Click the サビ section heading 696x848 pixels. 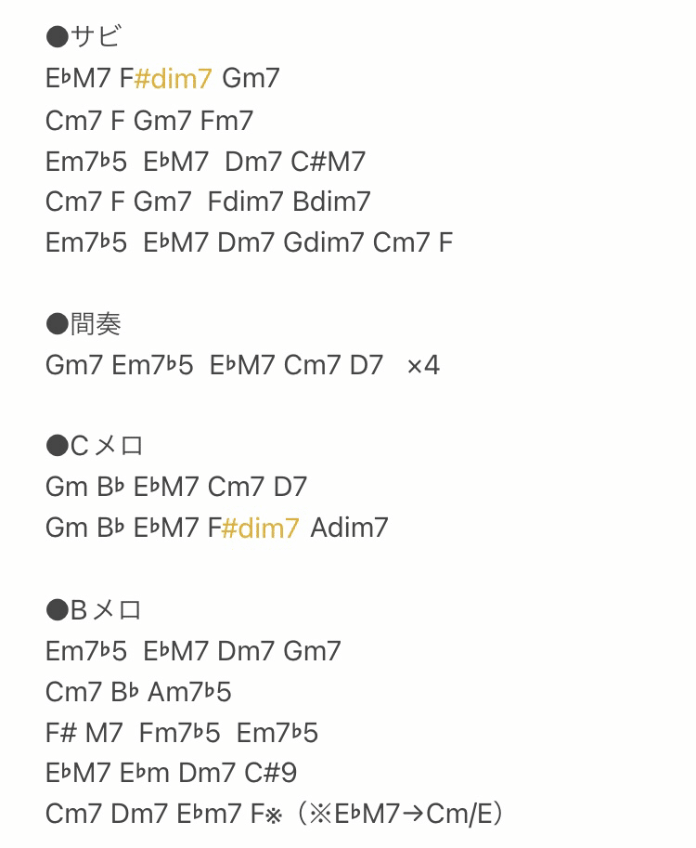click(x=84, y=36)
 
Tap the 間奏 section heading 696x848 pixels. click(x=84, y=324)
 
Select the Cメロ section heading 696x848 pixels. click(x=95, y=446)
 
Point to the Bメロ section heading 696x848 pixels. click(x=94, y=610)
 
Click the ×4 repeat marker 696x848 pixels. click(x=423, y=366)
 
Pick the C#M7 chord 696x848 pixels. click(x=328, y=162)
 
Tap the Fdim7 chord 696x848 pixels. click(x=245, y=202)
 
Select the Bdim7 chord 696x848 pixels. click(x=332, y=202)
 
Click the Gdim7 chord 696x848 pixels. click(x=324, y=242)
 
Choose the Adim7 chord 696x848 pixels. click(x=349, y=528)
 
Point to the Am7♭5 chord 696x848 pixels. click(x=189, y=692)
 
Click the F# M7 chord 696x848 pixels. click(x=84, y=733)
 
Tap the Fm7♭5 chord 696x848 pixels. click(x=179, y=733)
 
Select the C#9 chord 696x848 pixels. click(x=271, y=773)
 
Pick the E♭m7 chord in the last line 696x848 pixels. click(x=209, y=814)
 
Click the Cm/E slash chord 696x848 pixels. click(x=459, y=814)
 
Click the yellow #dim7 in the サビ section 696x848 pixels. click(x=173, y=79)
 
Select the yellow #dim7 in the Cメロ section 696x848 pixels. click(x=261, y=528)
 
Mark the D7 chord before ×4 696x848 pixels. click(x=367, y=366)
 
